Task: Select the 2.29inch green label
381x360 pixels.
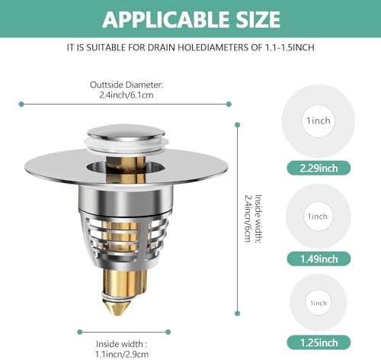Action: [x=319, y=169]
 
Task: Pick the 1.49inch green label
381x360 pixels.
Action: [x=319, y=259]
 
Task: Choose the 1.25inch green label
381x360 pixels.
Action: [x=319, y=342]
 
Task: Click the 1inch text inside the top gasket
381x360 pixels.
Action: [x=319, y=121]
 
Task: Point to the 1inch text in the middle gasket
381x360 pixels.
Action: [x=318, y=217]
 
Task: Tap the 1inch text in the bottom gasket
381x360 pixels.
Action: [x=319, y=303]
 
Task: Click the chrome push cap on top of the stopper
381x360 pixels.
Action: [x=126, y=133]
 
